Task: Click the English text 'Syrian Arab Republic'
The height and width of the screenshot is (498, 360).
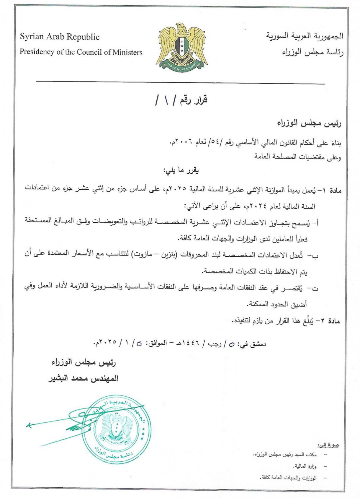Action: tap(60, 37)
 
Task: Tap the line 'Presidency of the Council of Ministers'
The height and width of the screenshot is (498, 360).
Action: tap(81, 52)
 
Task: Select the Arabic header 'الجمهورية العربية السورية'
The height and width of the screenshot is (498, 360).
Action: tap(305, 37)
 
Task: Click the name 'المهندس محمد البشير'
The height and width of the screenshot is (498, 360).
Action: tap(83, 378)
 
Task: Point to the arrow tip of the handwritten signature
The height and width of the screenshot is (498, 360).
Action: tap(27, 426)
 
